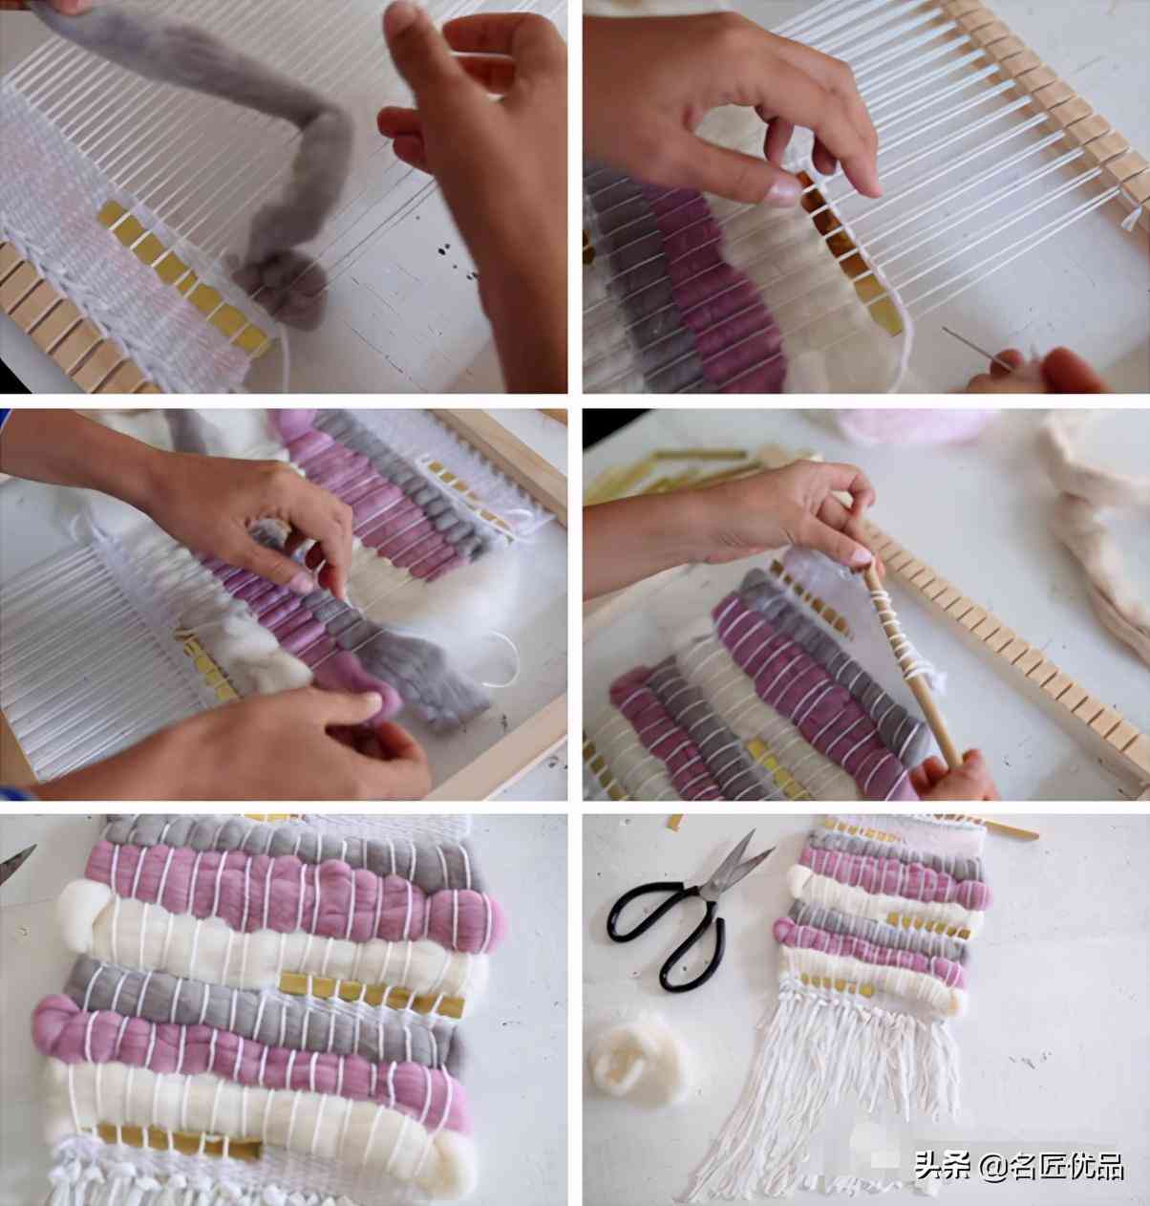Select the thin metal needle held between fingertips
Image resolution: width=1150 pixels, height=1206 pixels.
coord(975,347)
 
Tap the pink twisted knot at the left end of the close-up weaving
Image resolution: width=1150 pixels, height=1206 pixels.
coord(58,1022)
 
